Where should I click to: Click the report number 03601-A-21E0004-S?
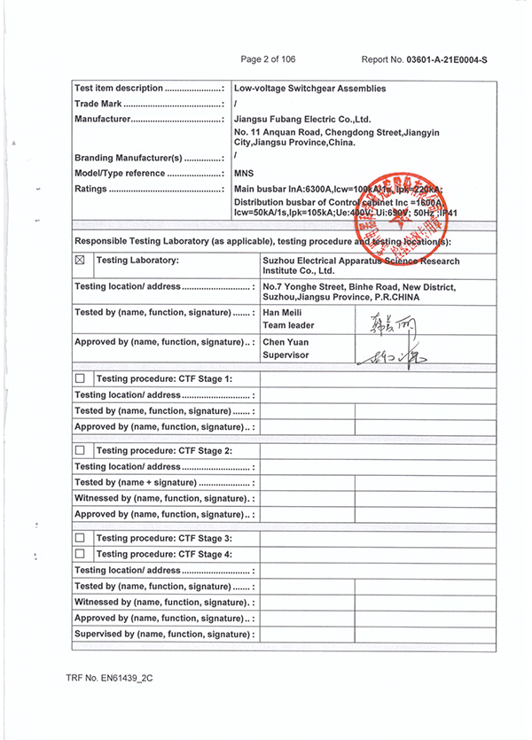tap(447, 59)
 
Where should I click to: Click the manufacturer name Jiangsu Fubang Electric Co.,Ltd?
tap(301, 119)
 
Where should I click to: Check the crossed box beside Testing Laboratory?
tap(80, 261)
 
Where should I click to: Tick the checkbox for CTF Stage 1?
tap(80, 379)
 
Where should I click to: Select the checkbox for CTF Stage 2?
tap(80, 451)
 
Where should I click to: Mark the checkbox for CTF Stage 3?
tap(80, 538)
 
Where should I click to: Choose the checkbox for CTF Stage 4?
tap(80, 554)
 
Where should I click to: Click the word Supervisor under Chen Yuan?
tap(286, 355)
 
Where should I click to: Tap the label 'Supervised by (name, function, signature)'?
tap(164, 635)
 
